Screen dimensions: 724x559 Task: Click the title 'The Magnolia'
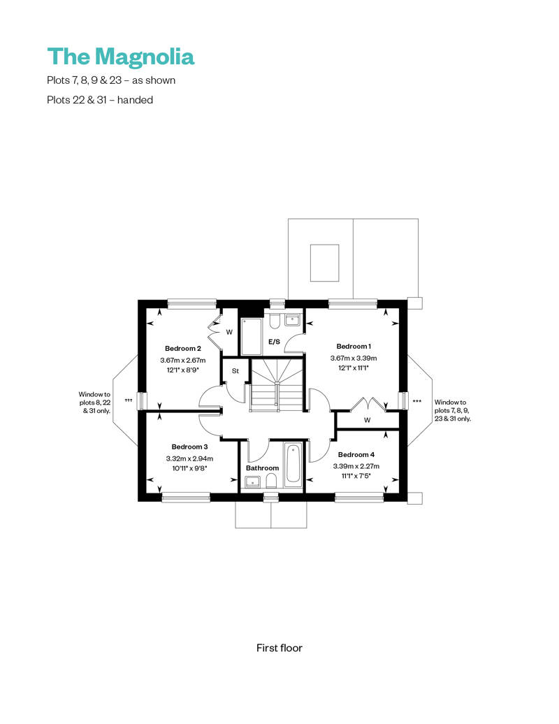coord(120,56)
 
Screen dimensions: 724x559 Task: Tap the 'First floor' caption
coord(279,648)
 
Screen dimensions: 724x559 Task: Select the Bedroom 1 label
coord(354,347)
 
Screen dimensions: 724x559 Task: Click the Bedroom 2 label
coord(183,349)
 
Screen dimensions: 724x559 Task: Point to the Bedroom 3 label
coord(189,447)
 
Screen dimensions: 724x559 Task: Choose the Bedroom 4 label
coord(356,454)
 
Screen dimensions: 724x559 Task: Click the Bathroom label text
coord(262,468)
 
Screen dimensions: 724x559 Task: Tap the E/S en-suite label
coord(275,342)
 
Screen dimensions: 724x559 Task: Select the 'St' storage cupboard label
coord(235,371)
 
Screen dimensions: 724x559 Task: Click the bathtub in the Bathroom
coord(293,464)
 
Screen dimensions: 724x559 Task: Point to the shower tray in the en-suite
coord(251,336)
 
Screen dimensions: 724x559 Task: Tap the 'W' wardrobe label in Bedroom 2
coord(228,332)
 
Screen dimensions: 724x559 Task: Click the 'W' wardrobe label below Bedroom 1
coord(367,421)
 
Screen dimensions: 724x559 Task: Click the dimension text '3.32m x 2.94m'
coord(189,458)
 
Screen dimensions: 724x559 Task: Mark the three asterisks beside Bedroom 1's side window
coord(417,401)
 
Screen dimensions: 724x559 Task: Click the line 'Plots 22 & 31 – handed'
coord(100,100)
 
